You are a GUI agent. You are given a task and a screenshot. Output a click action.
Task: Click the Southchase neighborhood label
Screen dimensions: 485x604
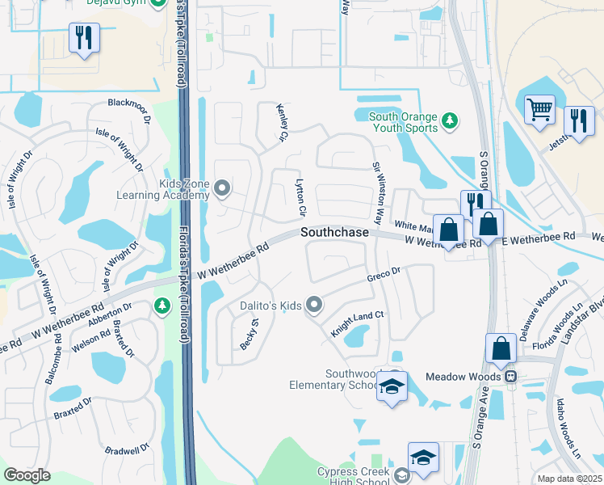335,232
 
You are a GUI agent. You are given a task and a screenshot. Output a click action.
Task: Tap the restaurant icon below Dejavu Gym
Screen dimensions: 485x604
84,37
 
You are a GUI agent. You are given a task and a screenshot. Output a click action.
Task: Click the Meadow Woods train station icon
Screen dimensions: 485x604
510,376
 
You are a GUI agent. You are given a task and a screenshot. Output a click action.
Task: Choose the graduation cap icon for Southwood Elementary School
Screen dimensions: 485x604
392,387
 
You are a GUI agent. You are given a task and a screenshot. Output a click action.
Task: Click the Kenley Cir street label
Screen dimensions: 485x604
283,127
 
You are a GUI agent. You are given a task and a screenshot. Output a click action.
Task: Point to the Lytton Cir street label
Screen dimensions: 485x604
301,197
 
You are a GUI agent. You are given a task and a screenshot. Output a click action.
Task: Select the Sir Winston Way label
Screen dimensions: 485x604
377,192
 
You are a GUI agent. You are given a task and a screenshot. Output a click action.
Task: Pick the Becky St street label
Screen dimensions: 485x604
248,333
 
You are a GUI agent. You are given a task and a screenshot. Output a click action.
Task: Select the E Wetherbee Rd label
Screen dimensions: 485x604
538,236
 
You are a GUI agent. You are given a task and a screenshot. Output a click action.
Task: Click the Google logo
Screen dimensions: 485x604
27,474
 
